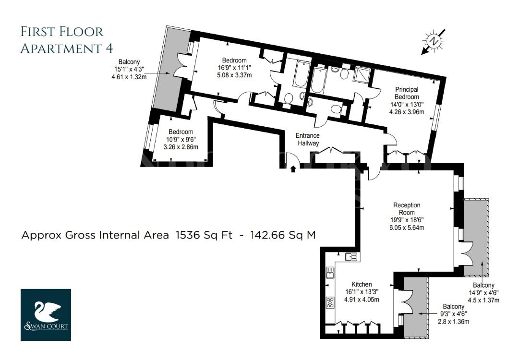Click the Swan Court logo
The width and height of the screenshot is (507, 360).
tap(46, 314)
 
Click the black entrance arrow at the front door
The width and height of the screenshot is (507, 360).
tap(293, 169)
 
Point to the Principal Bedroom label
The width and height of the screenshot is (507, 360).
tap(407, 93)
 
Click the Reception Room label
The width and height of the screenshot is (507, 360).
tap(407, 209)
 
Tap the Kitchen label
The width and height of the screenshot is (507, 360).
tap(362, 284)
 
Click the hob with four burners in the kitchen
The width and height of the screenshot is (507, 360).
tap(330, 302)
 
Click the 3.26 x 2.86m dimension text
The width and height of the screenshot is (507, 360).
tap(181, 147)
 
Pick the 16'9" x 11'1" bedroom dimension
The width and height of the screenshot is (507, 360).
tap(234, 68)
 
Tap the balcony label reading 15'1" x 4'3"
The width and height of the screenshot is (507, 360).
tap(129, 69)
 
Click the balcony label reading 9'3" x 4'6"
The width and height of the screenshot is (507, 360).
tap(454, 314)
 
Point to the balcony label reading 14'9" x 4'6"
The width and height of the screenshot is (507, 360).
tap(484, 293)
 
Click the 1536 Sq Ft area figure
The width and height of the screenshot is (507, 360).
tap(204, 235)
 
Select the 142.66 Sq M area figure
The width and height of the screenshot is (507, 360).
tap(283, 235)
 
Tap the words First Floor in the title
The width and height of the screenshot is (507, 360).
tap(62, 32)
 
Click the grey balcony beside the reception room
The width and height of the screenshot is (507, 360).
tap(476, 238)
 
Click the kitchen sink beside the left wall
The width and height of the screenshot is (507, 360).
tap(330, 273)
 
